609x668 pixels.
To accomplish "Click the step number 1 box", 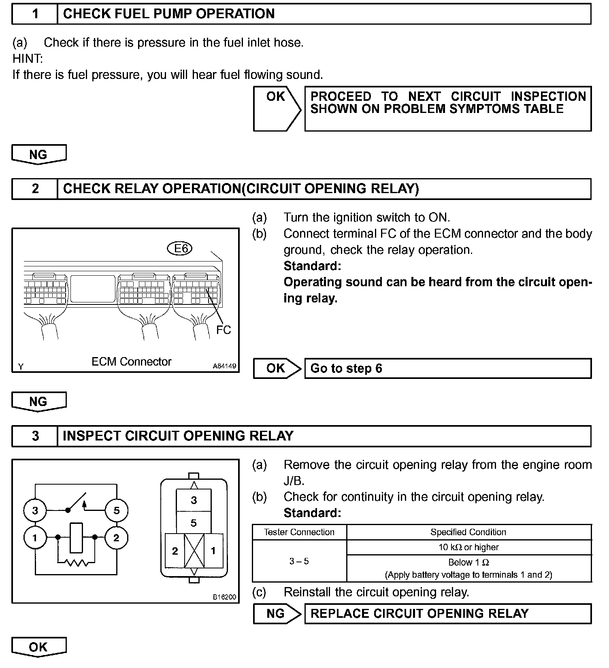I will click(35, 14).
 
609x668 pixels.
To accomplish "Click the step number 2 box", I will click(35, 189).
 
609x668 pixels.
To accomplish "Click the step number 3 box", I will click(35, 436).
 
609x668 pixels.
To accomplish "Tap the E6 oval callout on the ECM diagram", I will click(179, 248).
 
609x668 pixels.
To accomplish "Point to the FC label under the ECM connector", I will click(223, 330).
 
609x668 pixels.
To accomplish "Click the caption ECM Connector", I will click(131, 362).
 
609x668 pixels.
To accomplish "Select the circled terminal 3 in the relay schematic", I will click(35, 511).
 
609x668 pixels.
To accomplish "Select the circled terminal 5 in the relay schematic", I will click(117, 511).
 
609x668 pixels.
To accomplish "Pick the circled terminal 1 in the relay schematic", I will click(35, 538).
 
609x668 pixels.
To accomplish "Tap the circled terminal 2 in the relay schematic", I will click(117, 538).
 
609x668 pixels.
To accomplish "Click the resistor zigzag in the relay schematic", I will click(77, 563).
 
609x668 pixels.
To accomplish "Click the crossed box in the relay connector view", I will click(194, 551).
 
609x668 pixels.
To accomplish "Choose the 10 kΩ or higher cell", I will click(468, 547).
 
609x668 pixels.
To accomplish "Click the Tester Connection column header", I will click(299, 532).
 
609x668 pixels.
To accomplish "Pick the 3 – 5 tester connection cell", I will click(299, 561).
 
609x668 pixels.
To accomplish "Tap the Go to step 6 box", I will click(447, 368).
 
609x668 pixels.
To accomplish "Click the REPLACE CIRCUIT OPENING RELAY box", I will click(447, 613).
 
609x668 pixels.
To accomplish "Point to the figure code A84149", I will click(224, 366).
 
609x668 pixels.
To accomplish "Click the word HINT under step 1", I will click(28, 59).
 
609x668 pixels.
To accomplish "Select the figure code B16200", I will click(224, 597).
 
